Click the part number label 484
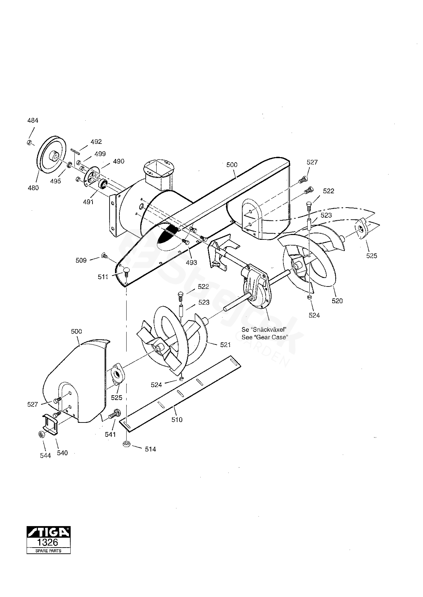tap(33, 120)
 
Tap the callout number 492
tap(96, 142)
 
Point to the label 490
tap(119, 161)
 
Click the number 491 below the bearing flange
tap(88, 202)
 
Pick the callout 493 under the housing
tap(191, 262)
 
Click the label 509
tap(81, 260)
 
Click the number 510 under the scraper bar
tap(177, 420)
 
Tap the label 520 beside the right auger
tap(337, 301)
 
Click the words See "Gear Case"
tap(265, 337)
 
